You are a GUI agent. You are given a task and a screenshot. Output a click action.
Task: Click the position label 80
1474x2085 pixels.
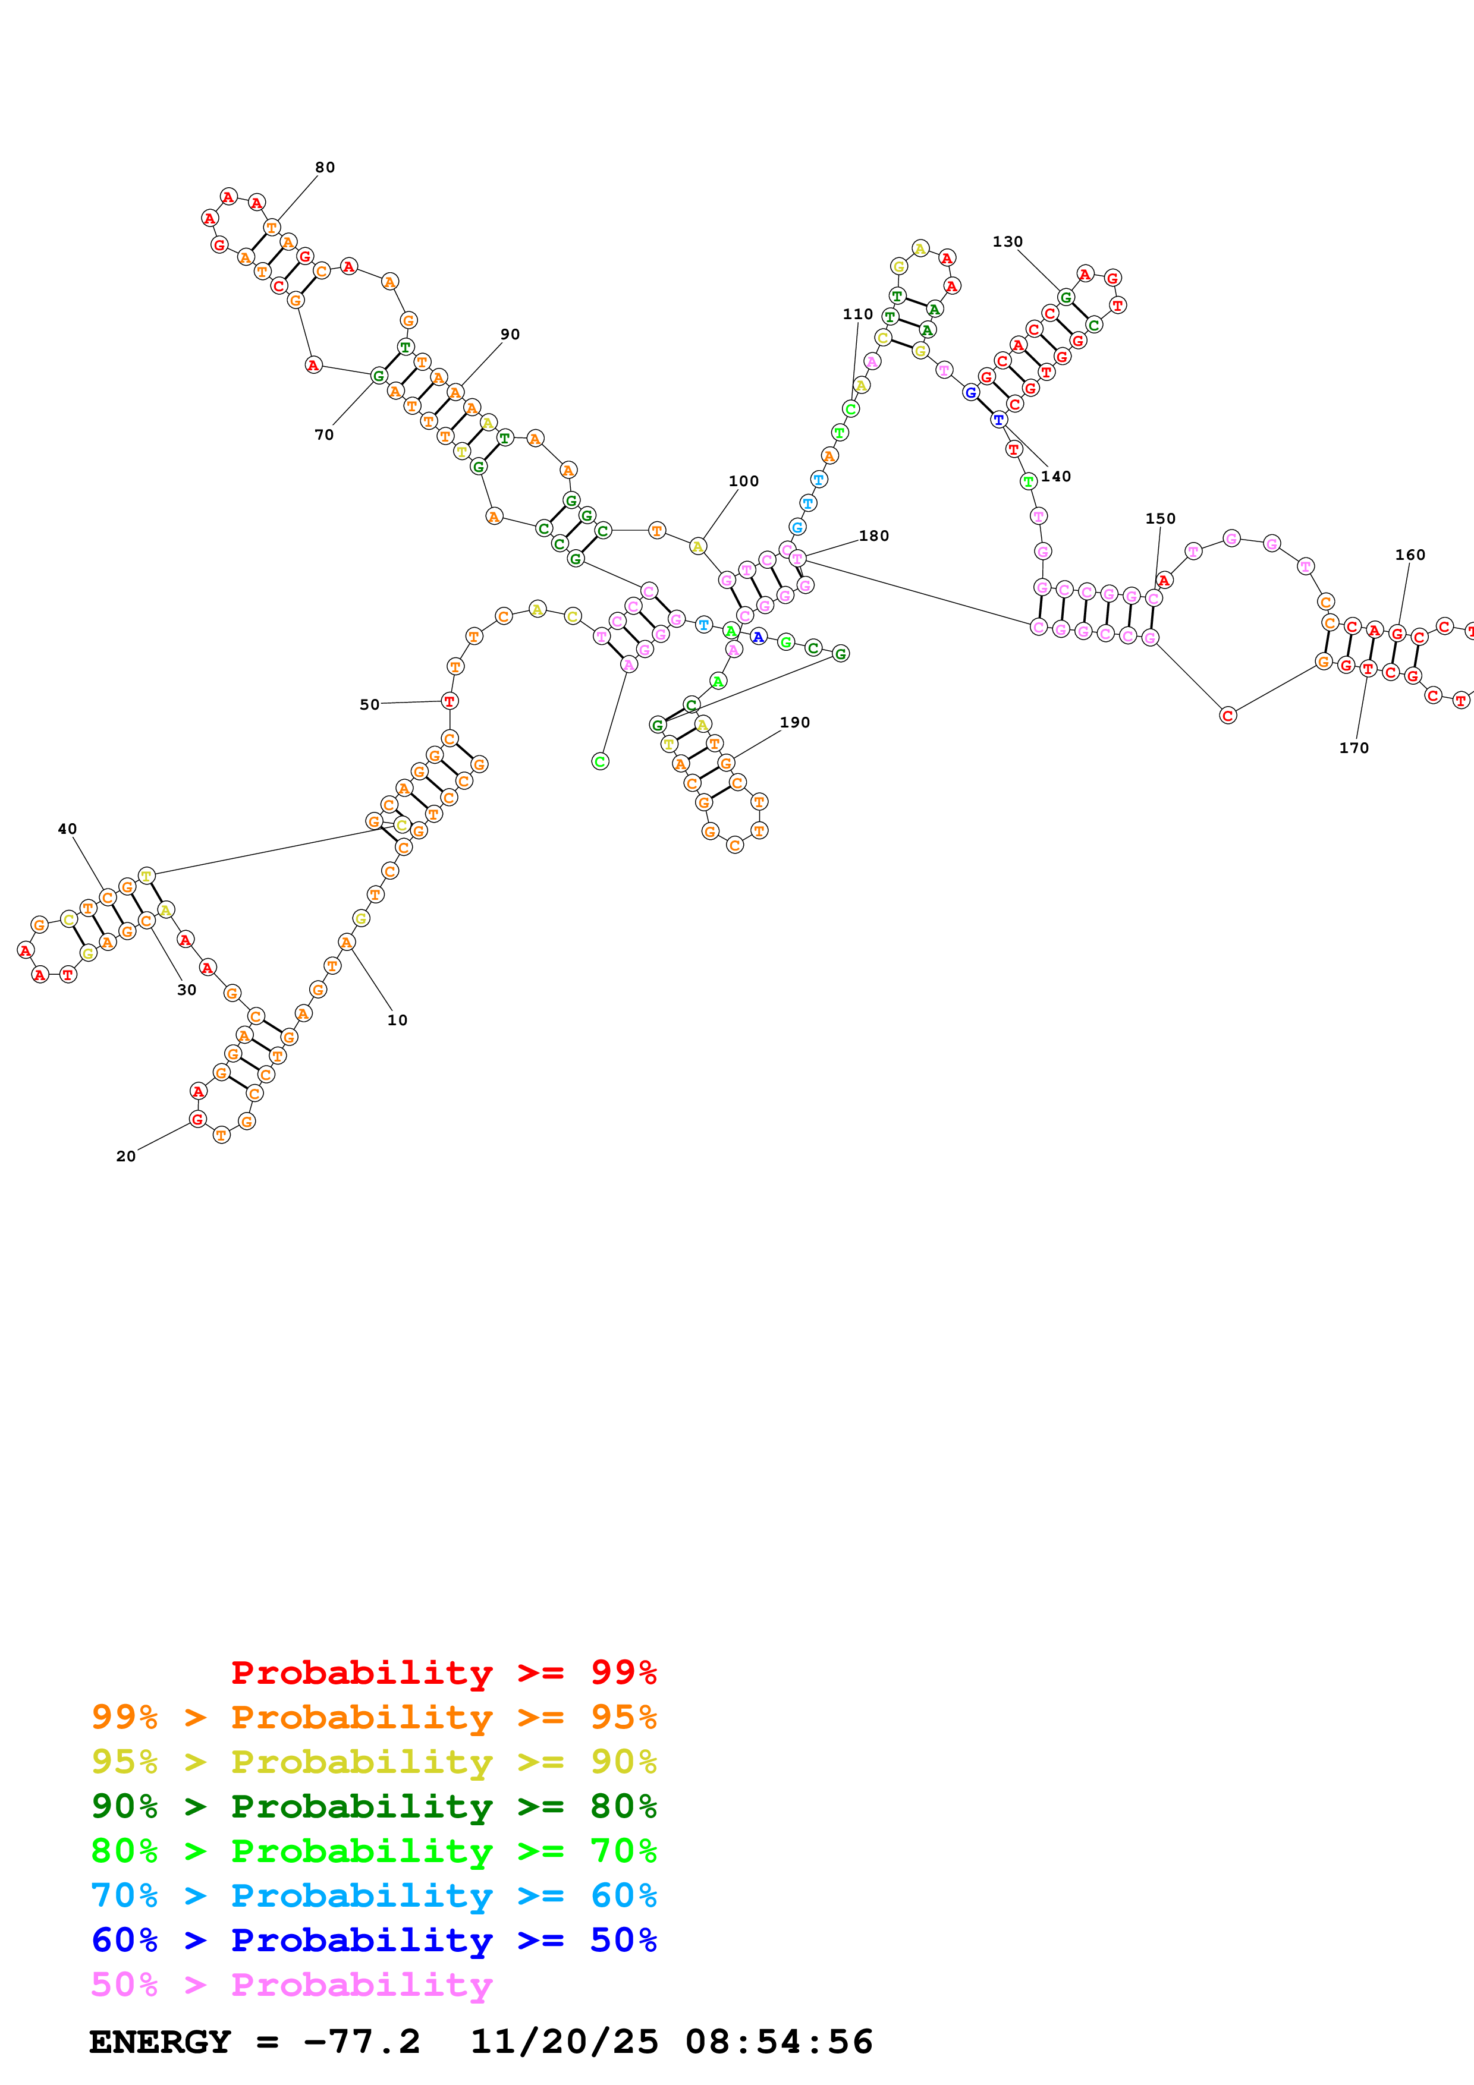pyautogui.click(x=325, y=167)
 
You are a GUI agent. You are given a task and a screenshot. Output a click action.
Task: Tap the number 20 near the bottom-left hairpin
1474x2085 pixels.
pyautogui.click(x=126, y=1156)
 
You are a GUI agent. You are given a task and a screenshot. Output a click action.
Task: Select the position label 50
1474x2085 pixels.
pyautogui.click(x=370, y=705)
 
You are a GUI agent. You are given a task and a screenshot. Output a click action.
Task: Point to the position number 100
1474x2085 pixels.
pyautogui.click(x=744, y=481)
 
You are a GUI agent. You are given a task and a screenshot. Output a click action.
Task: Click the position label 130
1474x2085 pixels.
pyautogui.click(x=1008, y=241)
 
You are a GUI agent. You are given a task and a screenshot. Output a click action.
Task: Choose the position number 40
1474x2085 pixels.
pyautogui.click(x=67, y=829)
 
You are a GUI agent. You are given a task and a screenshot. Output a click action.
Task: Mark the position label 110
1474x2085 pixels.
pyautogui.click(x=858, y=314)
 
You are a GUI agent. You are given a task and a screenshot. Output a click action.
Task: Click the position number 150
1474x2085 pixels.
pyautogui.click(x=1161, y=518)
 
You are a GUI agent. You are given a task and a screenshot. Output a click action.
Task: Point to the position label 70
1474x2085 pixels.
pyautogui.click(x=324, y=435)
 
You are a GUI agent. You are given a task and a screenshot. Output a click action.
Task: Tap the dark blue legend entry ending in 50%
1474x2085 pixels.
pyautogui.click(x=374, y=1940)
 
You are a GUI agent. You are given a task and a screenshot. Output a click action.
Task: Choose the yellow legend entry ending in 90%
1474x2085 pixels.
pyautogui.click(x=374, y=1762)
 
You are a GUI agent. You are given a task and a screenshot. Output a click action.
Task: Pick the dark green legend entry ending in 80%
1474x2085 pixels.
pyautogui.click(x=374, y=1806)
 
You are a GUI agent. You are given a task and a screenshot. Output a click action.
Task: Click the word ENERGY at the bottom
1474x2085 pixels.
pyautogui.click(x=161, y=2042)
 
